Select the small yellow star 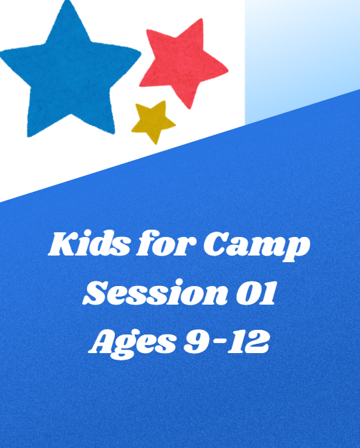click(x=152, y=121)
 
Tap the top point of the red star click(x=199, y=21)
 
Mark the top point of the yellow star click(x=158, y=102)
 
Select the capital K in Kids click(x=60, y=246)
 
